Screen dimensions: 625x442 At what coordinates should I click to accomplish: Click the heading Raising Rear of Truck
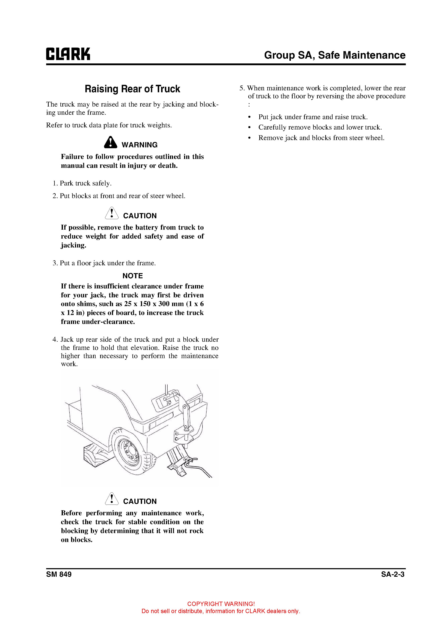coord(132,89)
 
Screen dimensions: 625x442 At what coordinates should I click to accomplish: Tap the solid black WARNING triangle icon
coord(110,142)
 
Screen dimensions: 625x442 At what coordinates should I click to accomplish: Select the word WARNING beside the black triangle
coord(139,145)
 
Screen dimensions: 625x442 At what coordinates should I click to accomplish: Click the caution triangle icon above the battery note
coord(112,213)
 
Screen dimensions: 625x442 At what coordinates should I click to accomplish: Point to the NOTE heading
coord(133,276)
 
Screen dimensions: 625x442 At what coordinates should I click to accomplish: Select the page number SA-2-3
coord(393,574)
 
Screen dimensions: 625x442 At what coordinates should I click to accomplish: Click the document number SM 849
coord(59,574)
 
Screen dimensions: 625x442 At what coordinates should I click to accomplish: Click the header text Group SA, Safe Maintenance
coord(335,55)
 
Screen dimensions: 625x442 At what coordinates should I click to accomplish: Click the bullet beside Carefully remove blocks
coord(249,128)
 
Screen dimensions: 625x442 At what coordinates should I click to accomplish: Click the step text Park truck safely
coord(86,183)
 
